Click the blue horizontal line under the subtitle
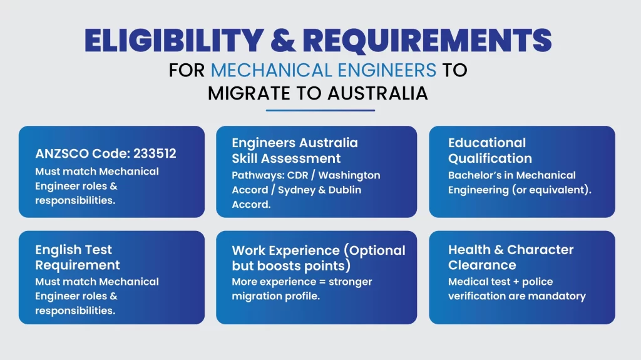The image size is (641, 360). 320,110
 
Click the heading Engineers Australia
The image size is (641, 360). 295,143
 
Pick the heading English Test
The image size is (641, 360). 74,250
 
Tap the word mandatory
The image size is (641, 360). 560,296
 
